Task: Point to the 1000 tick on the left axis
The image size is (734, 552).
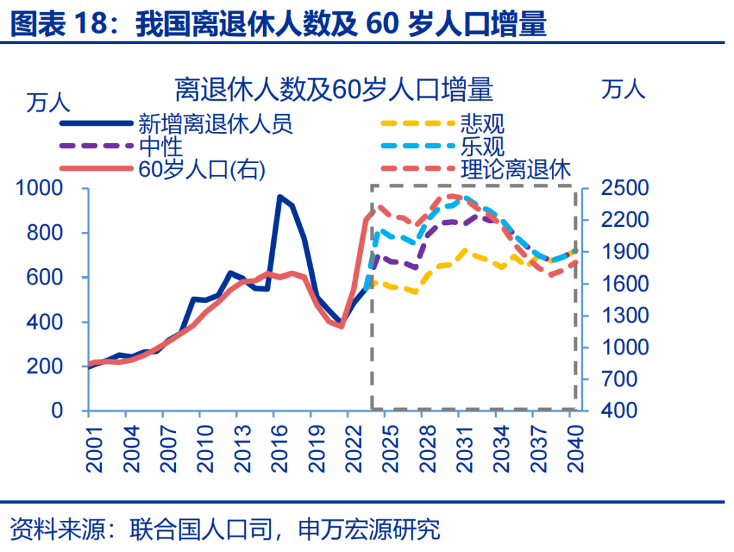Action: click(43, 188)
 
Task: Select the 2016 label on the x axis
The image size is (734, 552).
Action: click(275, 447)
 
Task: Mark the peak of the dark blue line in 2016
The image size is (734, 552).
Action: click(279, 196)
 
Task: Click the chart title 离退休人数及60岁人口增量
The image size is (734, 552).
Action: click(333, 89)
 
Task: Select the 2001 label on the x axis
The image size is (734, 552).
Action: click(89, 447)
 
